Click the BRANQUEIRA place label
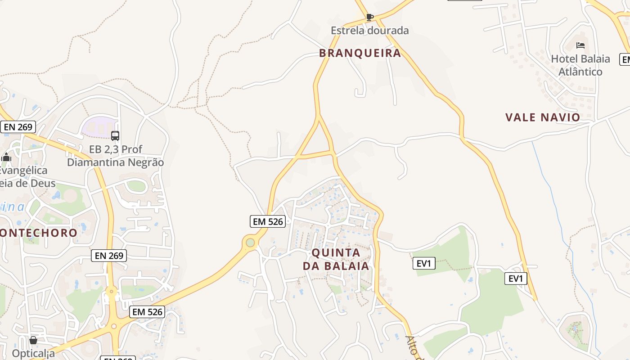click(360, 53)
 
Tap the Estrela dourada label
click(369, 31)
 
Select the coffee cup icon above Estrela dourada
click(369, 18)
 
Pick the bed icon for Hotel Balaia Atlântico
click(580, 45)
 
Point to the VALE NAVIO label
click(543, 117)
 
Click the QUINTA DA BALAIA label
click(336, 259)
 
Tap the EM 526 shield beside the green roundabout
click(268, 221)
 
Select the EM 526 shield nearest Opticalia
click(147, 311)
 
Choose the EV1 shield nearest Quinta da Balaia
click(424, 264)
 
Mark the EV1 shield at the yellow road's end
click(515, 279)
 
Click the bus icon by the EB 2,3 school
click(115, 135)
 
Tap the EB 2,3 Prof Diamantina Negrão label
click(115, 156)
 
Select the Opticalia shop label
click(33, 353)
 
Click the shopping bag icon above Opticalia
click(33, 340)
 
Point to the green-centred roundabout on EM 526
click(250, 243)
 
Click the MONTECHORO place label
click(39, 233)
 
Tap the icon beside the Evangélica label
click(6, 157)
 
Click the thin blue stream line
click(553, 202)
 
